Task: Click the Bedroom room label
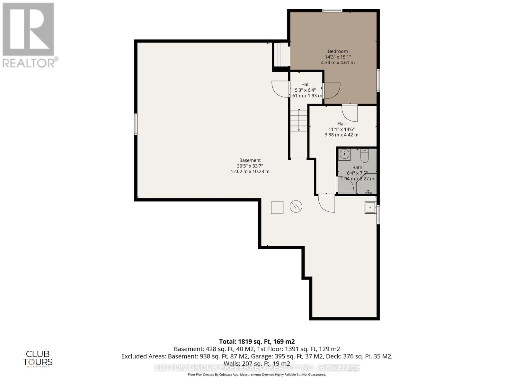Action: tap(338, 51)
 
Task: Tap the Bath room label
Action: tap(357, 167)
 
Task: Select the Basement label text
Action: tap(250, 160)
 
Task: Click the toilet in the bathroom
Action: tap(365, 156)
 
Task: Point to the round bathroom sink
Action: tap(344, 154)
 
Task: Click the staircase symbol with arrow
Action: tap(299, 121)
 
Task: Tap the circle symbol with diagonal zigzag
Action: tap(296, 207)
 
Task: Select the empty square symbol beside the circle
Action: tap(277, 208)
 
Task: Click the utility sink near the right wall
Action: tap(370, 207)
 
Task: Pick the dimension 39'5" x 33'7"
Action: tap(250, 166)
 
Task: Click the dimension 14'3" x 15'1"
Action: tap(338, 57)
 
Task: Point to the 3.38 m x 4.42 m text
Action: tap(341, 135)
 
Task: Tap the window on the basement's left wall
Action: tap(136, 124)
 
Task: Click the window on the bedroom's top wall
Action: tap(332, 11)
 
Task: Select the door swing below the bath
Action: tap(327, 204)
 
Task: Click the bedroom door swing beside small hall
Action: tap(332, 90)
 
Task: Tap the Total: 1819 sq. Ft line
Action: tap(257, 341)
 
